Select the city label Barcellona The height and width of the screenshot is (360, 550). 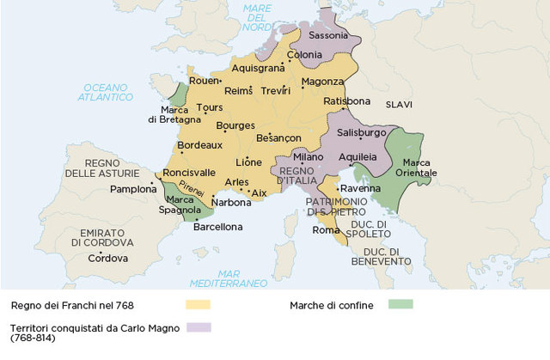pos(218,227)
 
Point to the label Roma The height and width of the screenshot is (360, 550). pos(327,229)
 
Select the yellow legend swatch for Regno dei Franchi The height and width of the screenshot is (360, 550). pos(198,304)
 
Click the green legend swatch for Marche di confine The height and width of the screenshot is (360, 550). pos(400,304)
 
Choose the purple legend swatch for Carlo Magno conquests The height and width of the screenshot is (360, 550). pos(198,327)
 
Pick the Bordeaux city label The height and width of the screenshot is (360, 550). pos(199,145)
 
